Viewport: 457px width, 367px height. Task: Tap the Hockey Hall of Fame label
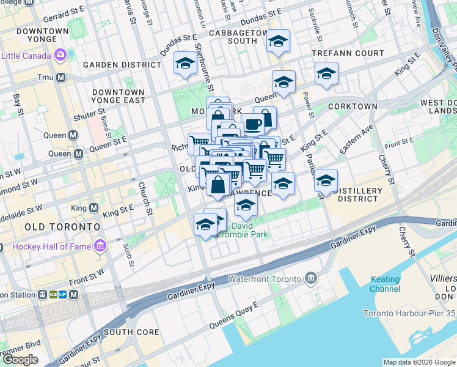pyautogui.click(x=46, y=247)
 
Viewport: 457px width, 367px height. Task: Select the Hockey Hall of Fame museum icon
pyautogui.click(x=100, y=247)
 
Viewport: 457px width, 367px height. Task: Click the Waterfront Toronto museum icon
pyautogui.click(x=312, y=279)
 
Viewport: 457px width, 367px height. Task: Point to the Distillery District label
pyautogui.click(x=357, y=195)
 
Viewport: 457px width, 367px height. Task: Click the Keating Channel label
pyautogui.click(x=385, y=283)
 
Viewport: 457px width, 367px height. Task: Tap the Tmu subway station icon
pyautogui.click(x=60, y=77)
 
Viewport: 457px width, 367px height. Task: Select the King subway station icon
pyautogui.click(x=93, y=207)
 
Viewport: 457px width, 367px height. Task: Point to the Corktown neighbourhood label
pyautogui.click(x=353, y=106)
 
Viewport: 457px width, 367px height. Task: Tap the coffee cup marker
pyautogui.click(x=252, y=124)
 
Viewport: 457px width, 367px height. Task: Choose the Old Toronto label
pyautogui.click(x=62, y=227)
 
